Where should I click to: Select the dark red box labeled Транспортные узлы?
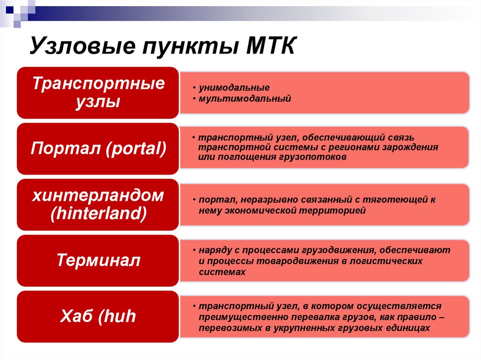tap(98, 92)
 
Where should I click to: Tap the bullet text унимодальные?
tap(233, 88)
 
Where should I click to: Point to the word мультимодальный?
tap(244, 99)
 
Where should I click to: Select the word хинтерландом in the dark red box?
tap(98, 196)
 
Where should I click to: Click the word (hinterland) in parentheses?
tap(98, 214)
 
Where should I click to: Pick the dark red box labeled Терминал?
tap(98, 260)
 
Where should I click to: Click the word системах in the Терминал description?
tap(222, 272)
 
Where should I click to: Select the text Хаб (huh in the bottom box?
tap(98, 316)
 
